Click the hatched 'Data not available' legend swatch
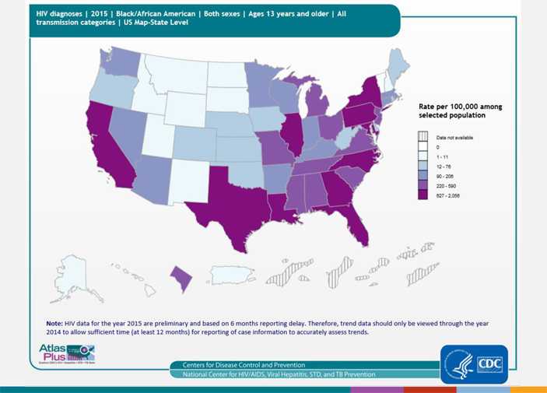(423, 137)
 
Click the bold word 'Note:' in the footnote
(55, 321)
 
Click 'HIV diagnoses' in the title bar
(58, 13)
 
